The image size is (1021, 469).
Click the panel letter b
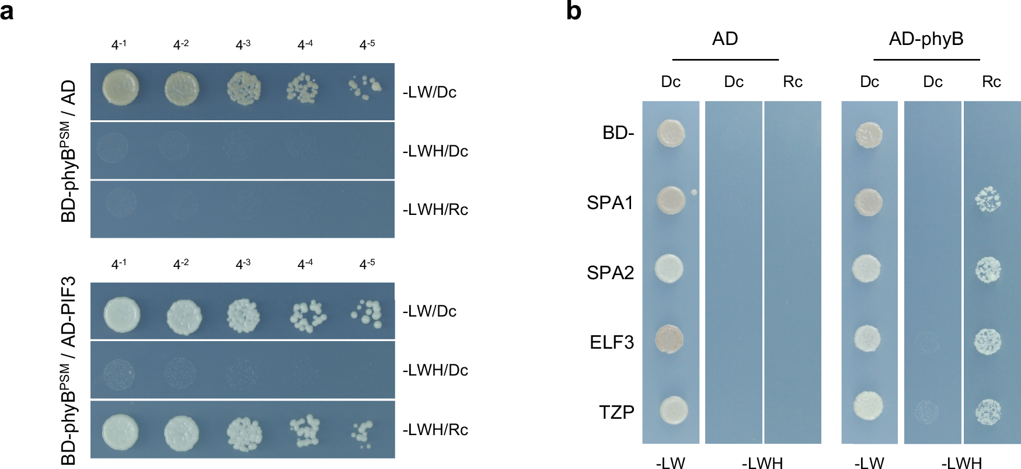coord(573,11)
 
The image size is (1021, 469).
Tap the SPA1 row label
coord(610,203)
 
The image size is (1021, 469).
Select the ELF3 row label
coord(611,342)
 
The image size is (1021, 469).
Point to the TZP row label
coord(616,412)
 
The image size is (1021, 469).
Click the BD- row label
coord(618,133)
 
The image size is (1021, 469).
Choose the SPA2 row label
coord(610,272)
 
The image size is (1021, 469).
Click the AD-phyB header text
coord(926,39)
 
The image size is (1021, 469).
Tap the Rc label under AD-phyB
coord(991,82)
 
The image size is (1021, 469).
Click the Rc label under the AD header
coord(792,82)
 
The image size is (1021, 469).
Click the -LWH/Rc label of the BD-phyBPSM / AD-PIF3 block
coord(435,430)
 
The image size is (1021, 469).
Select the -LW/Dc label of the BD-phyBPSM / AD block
coord(430,92)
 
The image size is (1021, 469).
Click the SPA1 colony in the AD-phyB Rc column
coord(988,200)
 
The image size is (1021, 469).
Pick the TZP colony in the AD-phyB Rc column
coord(988,411)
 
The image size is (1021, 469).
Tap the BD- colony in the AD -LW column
coord(670,133)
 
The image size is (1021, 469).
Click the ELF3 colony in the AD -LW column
coord(670,339)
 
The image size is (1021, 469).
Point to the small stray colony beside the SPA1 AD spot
coord(694,192)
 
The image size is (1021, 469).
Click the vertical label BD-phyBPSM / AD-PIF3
coord(69,371)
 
